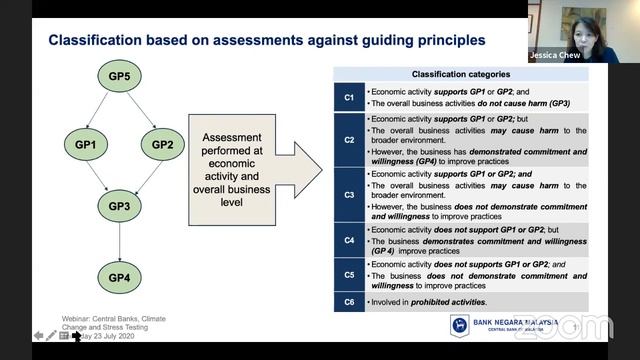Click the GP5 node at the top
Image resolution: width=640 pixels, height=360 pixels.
click(x=120, y=77)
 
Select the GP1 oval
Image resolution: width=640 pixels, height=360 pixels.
click(x=84, y=145)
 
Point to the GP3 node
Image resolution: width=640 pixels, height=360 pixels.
click(x=120, y=207)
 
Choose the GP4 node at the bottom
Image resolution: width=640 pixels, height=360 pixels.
click(x=120, y=277)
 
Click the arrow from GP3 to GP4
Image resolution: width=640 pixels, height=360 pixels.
click(x=120, y=242)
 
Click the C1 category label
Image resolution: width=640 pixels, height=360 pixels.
click(x=349, y=97)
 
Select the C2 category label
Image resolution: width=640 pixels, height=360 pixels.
click(x=349, y=140)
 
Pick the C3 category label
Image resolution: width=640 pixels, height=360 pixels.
click(x=349, y=194)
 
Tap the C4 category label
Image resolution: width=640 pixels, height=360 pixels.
click(x=349, y=240)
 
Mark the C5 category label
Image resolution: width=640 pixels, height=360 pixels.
click(x=349, y=274)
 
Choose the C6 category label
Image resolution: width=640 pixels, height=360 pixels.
click(x=349, y=301)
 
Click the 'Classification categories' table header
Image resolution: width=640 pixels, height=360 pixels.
click(x=461, y=75)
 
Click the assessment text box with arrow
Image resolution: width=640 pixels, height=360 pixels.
click(x=241, y=165)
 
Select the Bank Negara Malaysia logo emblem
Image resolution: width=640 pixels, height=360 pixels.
click(x=459, y=326)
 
